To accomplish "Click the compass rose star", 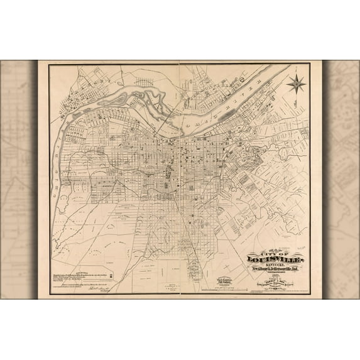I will pyautogui.click(x=296, y=82).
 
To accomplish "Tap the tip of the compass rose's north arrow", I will pyautogui.click(x=296, y=72).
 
